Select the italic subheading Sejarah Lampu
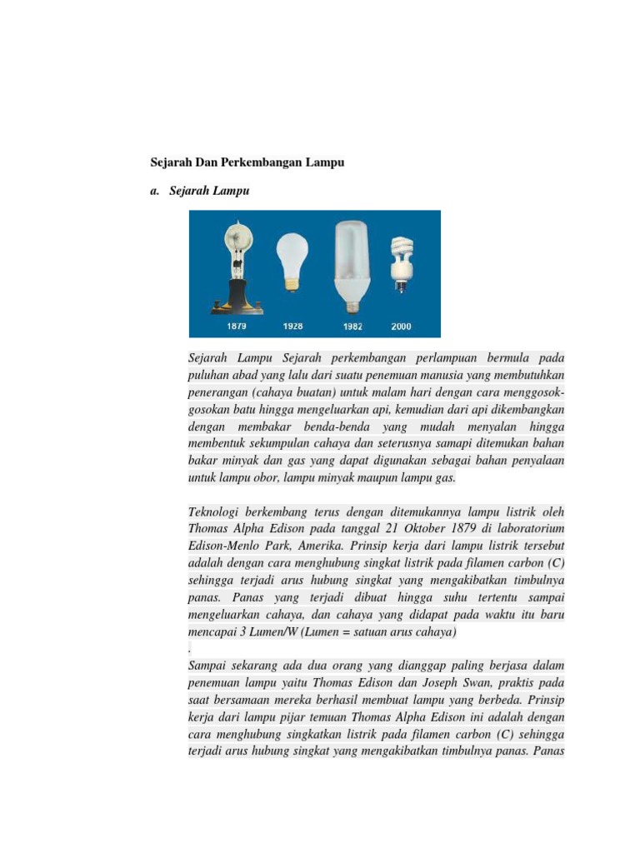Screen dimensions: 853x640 (208, 191)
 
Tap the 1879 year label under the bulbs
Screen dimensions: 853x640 (236, 327)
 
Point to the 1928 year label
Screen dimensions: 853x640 (292, 327)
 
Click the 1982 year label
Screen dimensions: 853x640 (352, 327)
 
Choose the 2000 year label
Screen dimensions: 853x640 (401, 327)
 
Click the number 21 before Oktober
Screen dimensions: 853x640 (368, 528)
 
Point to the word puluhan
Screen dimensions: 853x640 (209, 375)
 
